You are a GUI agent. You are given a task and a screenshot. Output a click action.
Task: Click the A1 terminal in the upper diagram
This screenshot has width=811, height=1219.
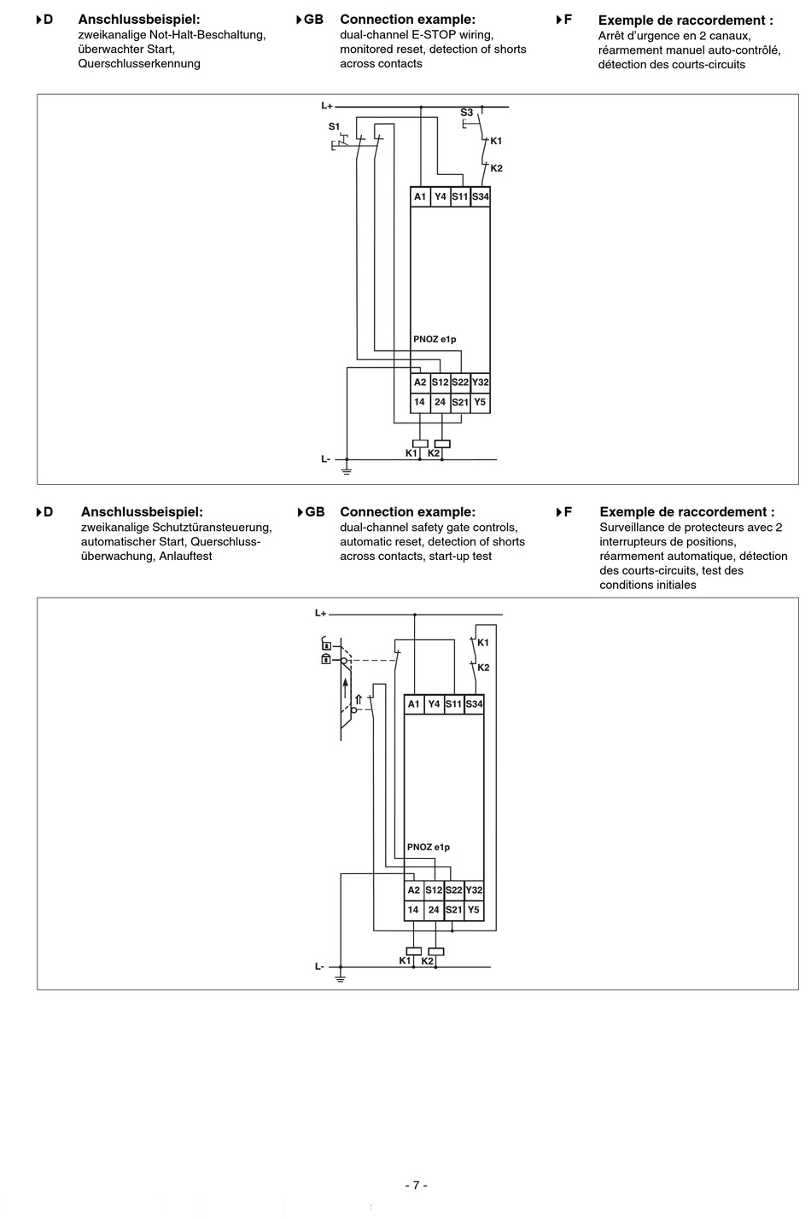click(420, 197)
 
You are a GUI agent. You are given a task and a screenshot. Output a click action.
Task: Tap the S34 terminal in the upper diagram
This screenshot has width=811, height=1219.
click(481, 197)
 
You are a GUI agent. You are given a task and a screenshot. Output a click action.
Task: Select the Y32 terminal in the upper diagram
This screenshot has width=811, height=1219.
click(481, 382)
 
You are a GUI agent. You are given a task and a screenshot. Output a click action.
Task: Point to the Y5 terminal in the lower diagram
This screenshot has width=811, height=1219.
click(474, 910)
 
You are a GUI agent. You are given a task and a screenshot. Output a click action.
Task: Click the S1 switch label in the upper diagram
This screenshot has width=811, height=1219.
click(334, 126)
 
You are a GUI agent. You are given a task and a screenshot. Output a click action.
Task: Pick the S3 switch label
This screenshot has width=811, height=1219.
click(466, 113)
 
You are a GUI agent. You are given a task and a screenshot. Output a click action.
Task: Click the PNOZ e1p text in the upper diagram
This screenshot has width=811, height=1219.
click(435, 340)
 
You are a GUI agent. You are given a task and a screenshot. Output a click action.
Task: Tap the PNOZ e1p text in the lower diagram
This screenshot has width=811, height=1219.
click(429, 848)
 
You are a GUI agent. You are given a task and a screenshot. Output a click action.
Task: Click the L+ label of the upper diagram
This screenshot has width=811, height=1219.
click(327, 106)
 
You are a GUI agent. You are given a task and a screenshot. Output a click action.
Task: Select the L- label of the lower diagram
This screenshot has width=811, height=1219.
click(319, 966)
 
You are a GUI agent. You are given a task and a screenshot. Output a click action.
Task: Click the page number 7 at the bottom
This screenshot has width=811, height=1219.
click(416, 1185)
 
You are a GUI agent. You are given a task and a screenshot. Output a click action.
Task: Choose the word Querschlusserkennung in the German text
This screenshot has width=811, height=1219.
click(139, 64)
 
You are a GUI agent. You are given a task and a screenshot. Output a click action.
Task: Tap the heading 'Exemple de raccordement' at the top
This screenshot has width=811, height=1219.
click(686, 20)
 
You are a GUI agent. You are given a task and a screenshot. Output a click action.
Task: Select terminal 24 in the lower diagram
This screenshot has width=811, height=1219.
click(434, 910)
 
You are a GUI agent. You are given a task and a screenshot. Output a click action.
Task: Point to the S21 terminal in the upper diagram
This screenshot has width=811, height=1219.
click(460, 402)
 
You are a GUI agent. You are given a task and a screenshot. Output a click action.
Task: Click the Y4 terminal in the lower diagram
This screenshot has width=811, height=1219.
click(434, 704)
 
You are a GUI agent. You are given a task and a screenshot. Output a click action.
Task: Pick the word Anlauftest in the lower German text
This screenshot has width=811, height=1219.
click(184, 557)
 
